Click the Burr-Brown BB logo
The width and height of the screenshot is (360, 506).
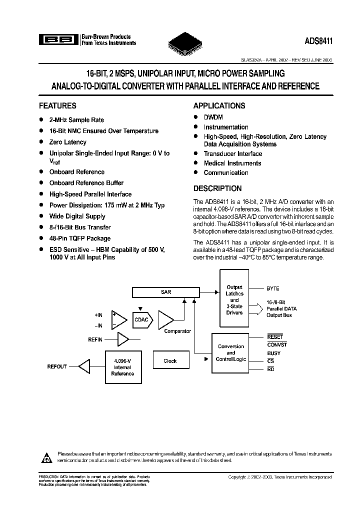tap(57, 39)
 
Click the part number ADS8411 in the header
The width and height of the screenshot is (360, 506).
tap(317, 43)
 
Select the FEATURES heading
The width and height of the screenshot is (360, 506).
tap(57, 106)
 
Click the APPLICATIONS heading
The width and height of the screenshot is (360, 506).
tap(219, 106)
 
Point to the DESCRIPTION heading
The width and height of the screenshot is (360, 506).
tap(217, 188)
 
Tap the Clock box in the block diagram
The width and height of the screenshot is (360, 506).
tap(170, 361)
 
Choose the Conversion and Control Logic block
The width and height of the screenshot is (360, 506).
tap(230, 352)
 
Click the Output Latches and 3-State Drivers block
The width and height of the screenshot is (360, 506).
tap(234, 300)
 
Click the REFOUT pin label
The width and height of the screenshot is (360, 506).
tap(56, 366)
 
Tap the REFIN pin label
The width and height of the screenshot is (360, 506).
tap(95, 340)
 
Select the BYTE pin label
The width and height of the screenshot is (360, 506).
tap(273, 288)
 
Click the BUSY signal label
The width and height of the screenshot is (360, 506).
tap(274, 353)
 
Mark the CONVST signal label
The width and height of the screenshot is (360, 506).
tap(277, 344)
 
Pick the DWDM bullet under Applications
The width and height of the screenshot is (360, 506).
tap(213, 117)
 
